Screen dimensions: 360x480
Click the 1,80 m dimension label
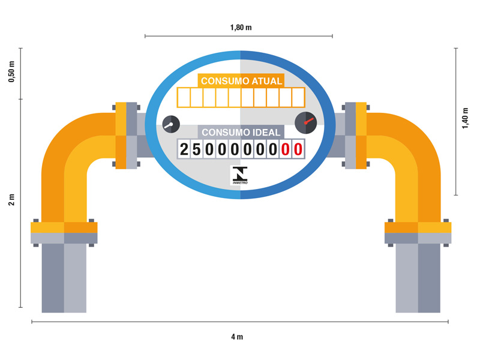[x=241, y=28]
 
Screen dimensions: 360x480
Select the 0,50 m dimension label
[x=11, y=72]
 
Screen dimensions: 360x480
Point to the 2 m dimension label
[x=11, y=200]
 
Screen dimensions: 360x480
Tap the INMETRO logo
[x=240, y=176]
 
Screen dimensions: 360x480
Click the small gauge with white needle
[x=171, y=124]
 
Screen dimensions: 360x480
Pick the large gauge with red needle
[x=306, y=122]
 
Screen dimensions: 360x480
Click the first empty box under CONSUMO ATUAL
[x=184, y=97]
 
